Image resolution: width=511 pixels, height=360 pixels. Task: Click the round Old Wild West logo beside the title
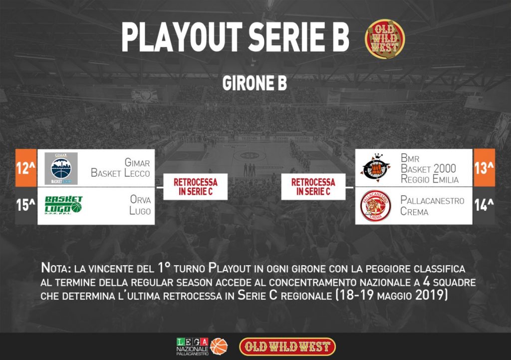pos(385,38)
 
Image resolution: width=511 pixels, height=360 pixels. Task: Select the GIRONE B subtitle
pos(255,83)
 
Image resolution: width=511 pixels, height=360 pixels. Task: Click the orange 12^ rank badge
pos(26,168)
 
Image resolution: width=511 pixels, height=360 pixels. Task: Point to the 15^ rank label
pos(26,205)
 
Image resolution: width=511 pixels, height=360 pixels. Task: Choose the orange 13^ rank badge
pos(484,168)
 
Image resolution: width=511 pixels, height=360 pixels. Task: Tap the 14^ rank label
pos(484,205)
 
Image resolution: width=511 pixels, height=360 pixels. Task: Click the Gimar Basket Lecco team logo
pos(61,168)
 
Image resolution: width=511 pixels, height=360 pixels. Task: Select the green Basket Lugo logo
pos(63,205)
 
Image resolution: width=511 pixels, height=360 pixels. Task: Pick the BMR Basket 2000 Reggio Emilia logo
pos(375,168)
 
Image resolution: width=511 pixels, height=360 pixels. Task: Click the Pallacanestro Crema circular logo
pos(375,206)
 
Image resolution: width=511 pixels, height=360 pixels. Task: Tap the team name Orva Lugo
pos(140,205)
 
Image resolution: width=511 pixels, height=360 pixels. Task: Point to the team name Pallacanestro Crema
pos(432,206)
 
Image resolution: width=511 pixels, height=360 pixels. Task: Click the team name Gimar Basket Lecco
pos(121,168)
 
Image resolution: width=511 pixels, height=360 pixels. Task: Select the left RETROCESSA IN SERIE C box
pos(195,187)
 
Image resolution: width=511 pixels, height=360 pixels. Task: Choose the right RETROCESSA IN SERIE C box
pos(313,187)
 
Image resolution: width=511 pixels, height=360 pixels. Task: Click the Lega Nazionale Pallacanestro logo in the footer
pos(202,347)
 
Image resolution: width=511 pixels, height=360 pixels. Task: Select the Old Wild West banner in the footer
pos(287,347)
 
